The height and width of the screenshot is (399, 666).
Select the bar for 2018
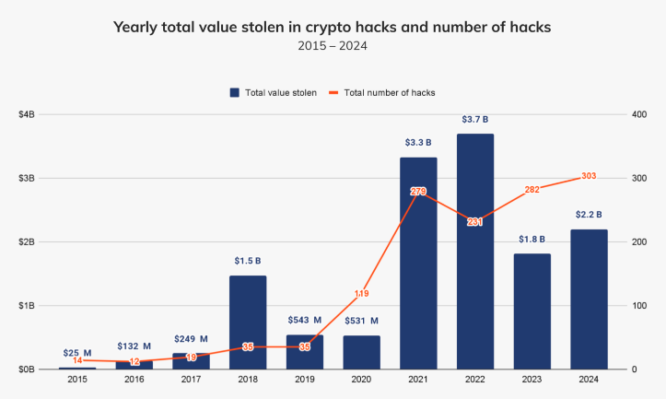247,322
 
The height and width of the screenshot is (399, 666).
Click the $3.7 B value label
474,120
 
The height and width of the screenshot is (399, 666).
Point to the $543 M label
304,321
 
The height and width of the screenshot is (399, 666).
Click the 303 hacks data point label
589,176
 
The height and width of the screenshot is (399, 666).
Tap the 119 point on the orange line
361,293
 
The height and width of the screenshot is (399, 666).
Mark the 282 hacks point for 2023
532,189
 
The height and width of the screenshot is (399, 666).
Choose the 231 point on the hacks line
474,222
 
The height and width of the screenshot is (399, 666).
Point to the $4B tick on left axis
27,114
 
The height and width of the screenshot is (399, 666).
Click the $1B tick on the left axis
27,305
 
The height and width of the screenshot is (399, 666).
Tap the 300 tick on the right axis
637,178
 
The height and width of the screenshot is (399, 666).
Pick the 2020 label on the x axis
361,380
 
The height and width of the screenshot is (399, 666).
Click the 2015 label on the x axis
76,380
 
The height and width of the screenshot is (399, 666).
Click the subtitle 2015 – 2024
332,44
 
